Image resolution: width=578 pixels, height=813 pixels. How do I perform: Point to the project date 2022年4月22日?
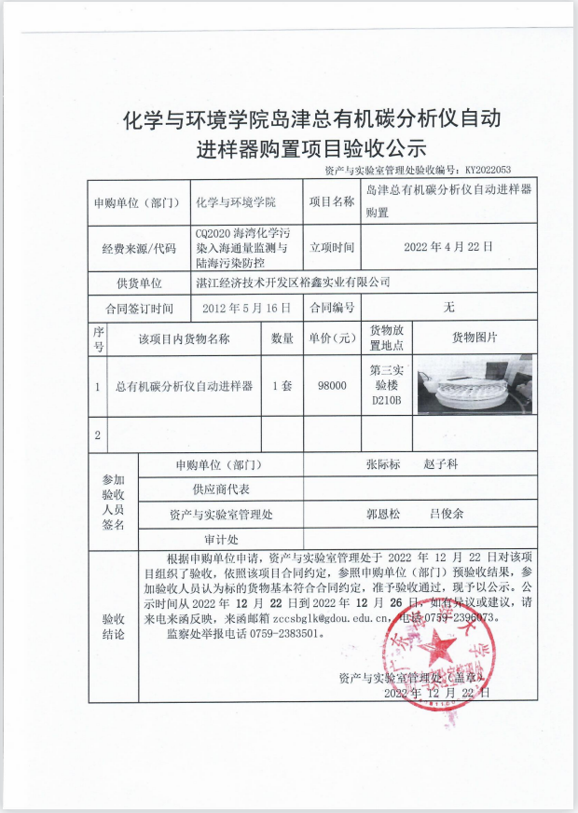447,248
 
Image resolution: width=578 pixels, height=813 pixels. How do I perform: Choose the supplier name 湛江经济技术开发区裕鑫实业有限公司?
293,282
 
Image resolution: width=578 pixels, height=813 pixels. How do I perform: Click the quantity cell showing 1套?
281,384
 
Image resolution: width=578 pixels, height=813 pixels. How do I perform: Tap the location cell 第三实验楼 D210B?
385,384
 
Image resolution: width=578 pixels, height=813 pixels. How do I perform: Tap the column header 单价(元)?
331,338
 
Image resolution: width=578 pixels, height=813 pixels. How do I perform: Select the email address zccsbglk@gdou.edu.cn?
314,617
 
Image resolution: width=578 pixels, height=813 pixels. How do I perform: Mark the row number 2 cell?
98,434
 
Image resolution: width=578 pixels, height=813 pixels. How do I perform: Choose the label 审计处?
221,539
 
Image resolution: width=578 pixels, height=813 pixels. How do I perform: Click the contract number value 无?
449,308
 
